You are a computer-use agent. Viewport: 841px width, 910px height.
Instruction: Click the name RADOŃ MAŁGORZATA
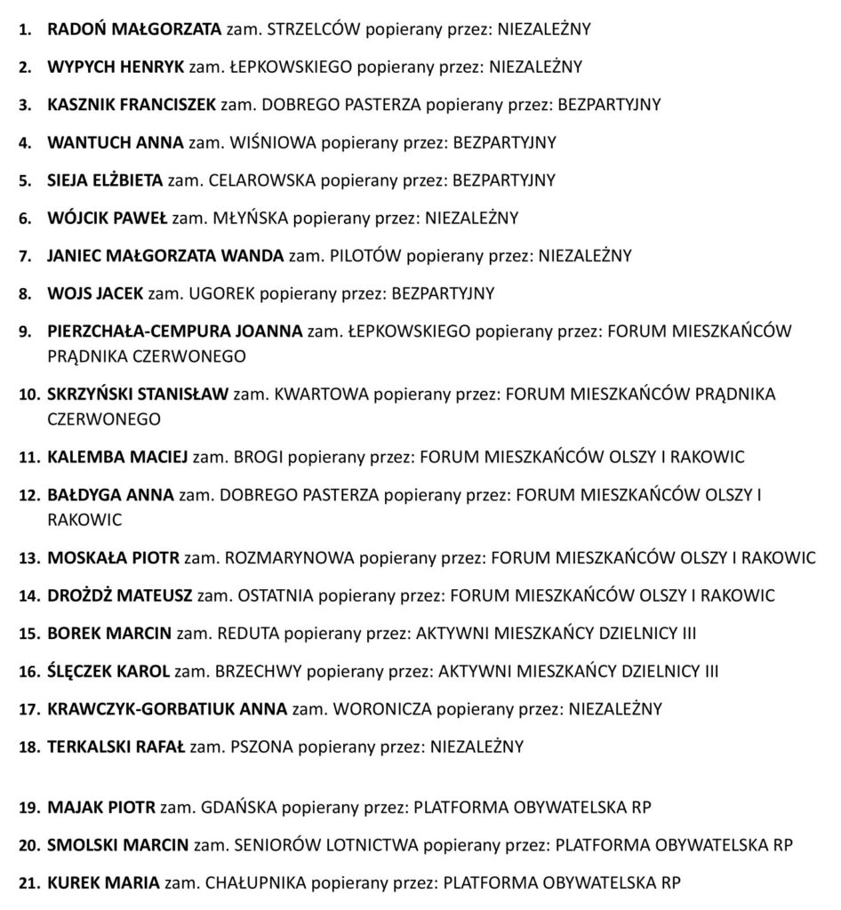133,29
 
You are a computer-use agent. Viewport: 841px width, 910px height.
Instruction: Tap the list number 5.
26,180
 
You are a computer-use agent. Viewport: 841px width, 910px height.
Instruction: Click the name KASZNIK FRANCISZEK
132,105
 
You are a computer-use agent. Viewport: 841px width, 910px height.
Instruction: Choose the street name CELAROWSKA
261,180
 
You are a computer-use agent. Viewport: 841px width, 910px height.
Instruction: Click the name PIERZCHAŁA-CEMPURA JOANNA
175,331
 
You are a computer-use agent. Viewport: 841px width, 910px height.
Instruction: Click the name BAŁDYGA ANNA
110,495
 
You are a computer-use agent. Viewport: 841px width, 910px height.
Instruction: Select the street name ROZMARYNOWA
290,558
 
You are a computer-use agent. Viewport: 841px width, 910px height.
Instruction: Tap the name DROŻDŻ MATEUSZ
119,595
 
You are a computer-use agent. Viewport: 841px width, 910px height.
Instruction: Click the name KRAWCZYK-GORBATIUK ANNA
167,709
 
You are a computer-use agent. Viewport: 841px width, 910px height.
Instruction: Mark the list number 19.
29,808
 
